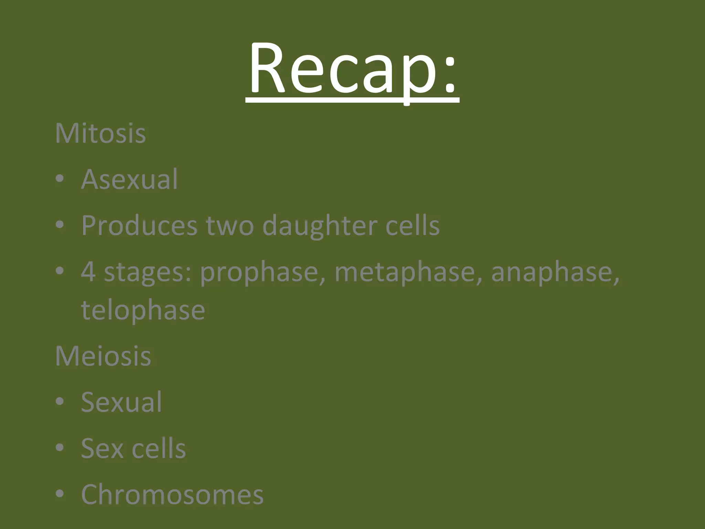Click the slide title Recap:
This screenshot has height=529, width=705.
[x=352, y=69]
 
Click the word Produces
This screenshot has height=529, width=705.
[x=139, y=226]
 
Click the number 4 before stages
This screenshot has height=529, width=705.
[x=88, y=271]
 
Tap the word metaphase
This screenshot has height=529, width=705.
[x=408, y=272]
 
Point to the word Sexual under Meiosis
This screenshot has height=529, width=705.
[x=121, y=402]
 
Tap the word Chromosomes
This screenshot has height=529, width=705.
[x=172, y=494]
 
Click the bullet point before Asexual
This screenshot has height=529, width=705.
[x=60, y=179]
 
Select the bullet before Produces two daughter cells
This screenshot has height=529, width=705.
[x=60, y=225]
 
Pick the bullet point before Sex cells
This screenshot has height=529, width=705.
[x=60, y=448]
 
